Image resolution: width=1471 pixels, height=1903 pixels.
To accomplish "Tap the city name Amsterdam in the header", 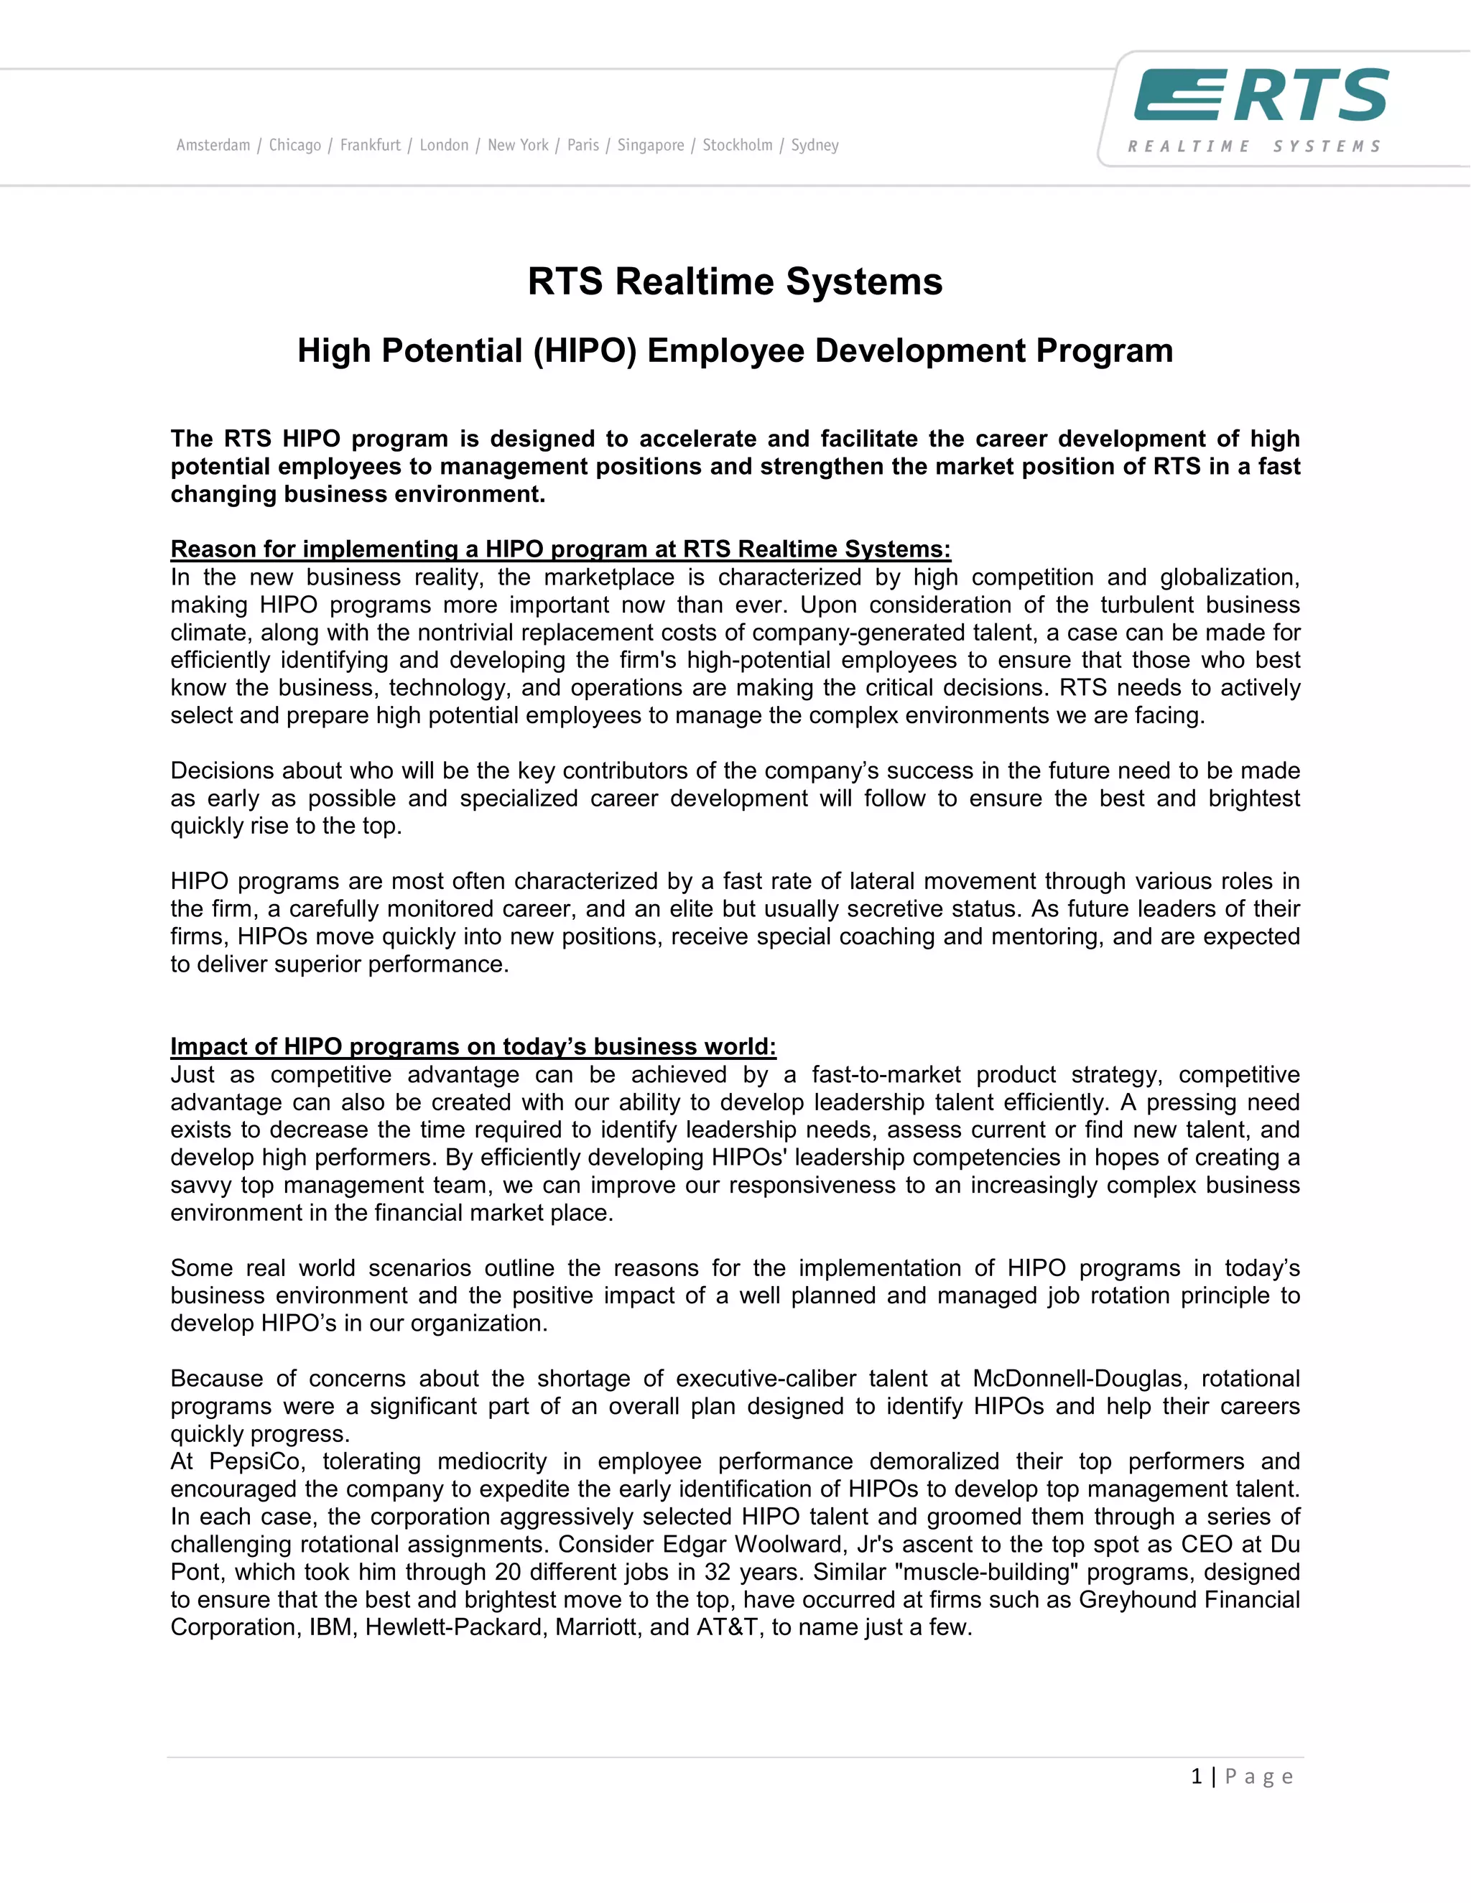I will click(213, 146).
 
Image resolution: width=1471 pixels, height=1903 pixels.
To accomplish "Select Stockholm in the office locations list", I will click(737, 146).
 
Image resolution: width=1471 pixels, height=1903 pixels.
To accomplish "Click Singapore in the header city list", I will click(650, 146).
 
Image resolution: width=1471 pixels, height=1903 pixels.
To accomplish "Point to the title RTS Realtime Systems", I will click(735, 282).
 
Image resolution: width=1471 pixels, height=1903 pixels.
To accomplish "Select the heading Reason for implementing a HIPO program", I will click(560, 549).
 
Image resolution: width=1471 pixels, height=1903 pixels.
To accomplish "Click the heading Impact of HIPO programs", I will click(473, 1046).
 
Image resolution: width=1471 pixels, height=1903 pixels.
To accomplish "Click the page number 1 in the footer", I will click(1197, 1776).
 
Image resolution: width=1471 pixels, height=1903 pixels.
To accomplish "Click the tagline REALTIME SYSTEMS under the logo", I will click(1254, 146).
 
